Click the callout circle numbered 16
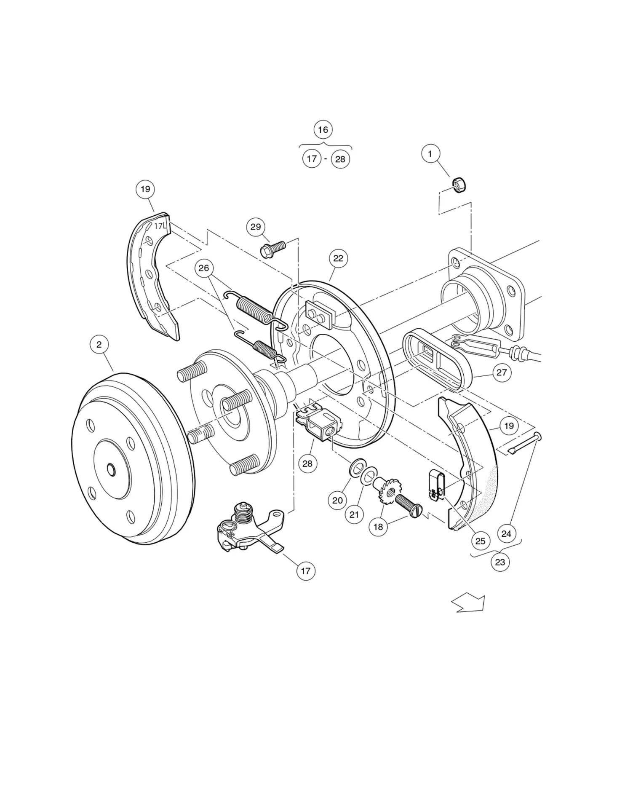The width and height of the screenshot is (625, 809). pyautogui.click(x=323, y=129)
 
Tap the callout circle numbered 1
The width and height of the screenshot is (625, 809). pyautogui.click(x=430, y=154)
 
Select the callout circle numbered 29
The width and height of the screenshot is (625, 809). pyautogui.click(x=256, y=227)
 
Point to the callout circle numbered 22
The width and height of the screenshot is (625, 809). pyautogui.click(x=338, y=258)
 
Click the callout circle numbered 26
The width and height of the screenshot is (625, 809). pyautogui.click(x=204, y=268)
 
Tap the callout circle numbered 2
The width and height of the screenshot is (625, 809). pyautogui.click(x=99, y=344)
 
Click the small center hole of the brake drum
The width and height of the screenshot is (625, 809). pyautogui.click(x=111, y=469)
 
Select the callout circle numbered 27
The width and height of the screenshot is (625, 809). pyautogui.click(x=502, y=372)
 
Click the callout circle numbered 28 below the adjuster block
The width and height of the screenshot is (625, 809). pyautogui.click(x=307, y=463)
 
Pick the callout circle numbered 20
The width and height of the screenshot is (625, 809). pyautogui.click(x=337, y=500)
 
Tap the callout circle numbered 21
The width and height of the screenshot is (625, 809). pyautogui.click(x=354, y=514)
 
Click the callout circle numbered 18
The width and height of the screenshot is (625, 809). pyautogui.click(x=378, y=527)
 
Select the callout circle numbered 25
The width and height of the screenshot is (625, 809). pyautogui.click(x=480, y=541)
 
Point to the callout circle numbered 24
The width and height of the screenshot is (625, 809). pyautogui.click(x=506, y=534)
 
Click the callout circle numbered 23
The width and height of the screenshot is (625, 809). pyautogui.click(x=500, y=562)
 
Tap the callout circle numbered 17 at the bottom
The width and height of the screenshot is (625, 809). pyautogui.click(x=305, y=571)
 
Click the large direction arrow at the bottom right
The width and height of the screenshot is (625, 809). pyautogui.click(x=469, y=603)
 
